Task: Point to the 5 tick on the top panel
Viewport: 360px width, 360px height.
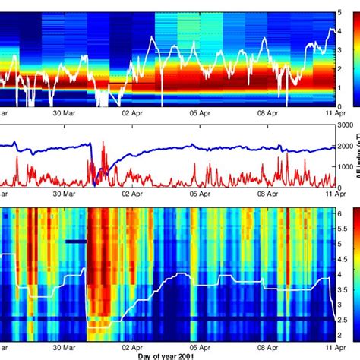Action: coord(339,13)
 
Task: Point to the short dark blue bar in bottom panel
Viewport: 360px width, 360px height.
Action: coord(76,242)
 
